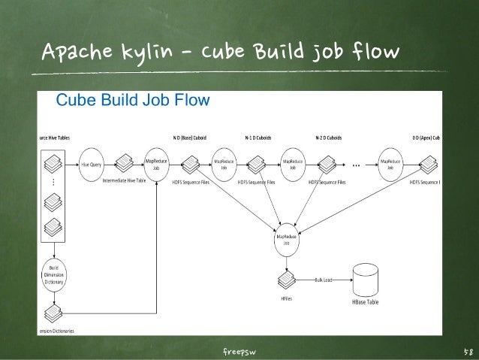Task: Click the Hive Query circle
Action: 92,164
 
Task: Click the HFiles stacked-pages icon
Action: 286,280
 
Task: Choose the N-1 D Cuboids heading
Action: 258,138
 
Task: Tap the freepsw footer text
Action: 239,351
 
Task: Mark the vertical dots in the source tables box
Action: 53,183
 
